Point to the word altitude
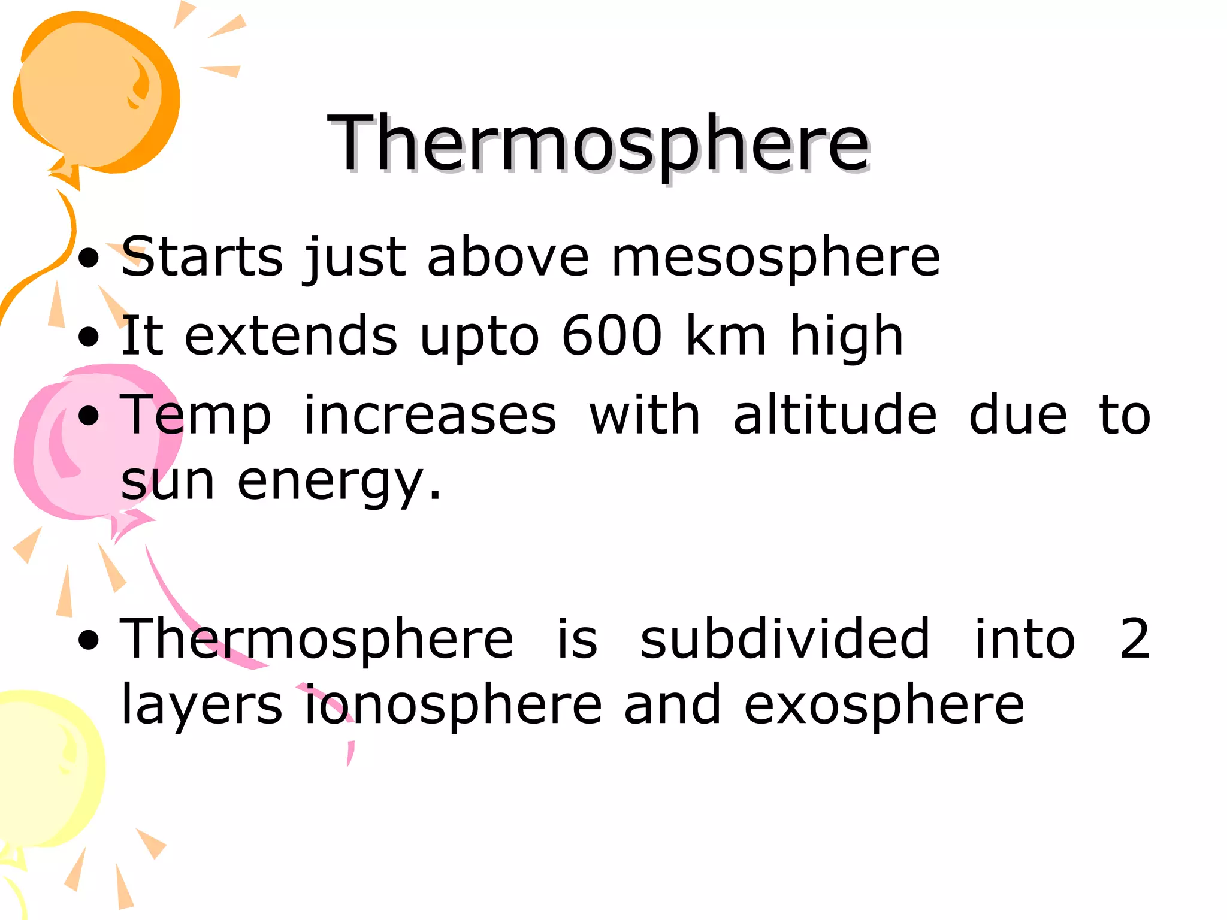tap(835, 416)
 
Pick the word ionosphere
tap(453, 706)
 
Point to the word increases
tap(430, 416)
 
